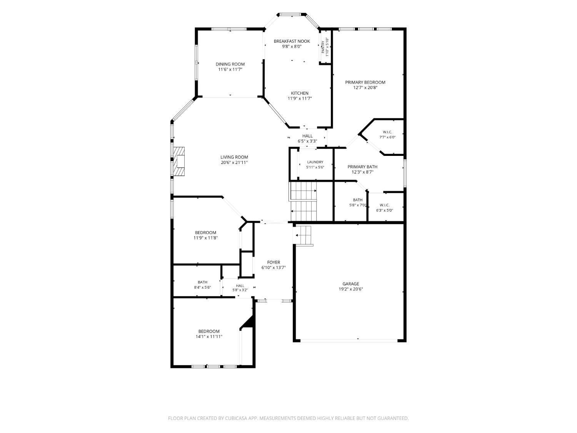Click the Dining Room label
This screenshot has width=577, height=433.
(x=230, y=64)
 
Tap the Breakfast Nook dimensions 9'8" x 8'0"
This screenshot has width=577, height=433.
(x=292, y=47)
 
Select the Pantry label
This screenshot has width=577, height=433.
(x=323, y=47)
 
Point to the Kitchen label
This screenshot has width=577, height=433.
(x=299, y=93)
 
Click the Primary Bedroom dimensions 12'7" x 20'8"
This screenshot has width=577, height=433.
(x=365, y=87)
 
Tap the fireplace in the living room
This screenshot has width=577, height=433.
(x=178, y=161)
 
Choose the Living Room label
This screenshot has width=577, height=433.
(x=234, y=157)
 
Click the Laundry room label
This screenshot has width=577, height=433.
(x=315, y=162)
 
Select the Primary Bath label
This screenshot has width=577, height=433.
(x=362, y=167)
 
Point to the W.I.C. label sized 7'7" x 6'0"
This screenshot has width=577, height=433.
(x=387, y=132)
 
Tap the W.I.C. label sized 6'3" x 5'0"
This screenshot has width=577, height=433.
(x=384, y=205)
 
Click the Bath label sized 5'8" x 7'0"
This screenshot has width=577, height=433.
(x=357, y=200)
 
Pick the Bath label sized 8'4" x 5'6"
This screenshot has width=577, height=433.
(x=202, y=283)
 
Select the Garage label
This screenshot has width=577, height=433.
(x=350, y=284)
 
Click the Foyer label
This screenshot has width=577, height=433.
(x=273, y=262)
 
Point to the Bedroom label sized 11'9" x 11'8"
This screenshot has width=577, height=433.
(x=205, y=232)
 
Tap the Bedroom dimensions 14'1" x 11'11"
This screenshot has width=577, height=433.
(x=209, y=336)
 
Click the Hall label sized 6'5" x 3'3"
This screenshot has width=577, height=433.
(x=307, y=136)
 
